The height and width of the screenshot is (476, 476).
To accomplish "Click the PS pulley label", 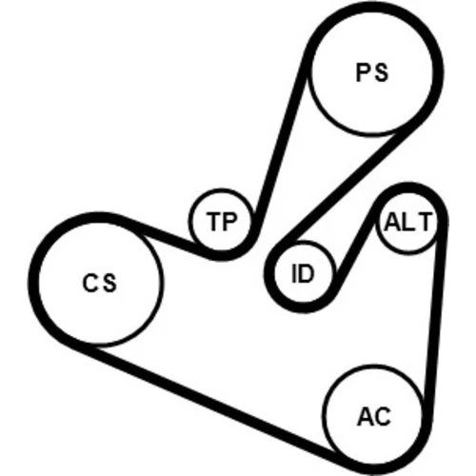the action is click(372, 73).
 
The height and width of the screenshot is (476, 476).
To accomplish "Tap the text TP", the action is click(222, 221).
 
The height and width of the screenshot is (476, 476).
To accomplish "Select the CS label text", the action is click(99, 283).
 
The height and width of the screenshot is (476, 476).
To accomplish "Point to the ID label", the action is click(303, 273).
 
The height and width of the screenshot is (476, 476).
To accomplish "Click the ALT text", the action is click(408, 222).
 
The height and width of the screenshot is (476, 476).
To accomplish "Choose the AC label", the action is click(374, 416).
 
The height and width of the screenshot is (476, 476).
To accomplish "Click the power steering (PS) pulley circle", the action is click(372, 72).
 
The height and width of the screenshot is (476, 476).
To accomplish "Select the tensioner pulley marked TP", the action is click(222, 220).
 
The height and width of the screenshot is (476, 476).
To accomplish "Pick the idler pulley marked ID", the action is click(303, 273).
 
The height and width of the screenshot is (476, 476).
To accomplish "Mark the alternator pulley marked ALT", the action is click(408, 222).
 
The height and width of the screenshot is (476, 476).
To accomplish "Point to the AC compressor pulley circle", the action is click(373, 414).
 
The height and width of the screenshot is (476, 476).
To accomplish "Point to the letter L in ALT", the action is click(407, 222).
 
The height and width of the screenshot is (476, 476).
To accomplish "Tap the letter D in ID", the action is click(307, 273).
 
